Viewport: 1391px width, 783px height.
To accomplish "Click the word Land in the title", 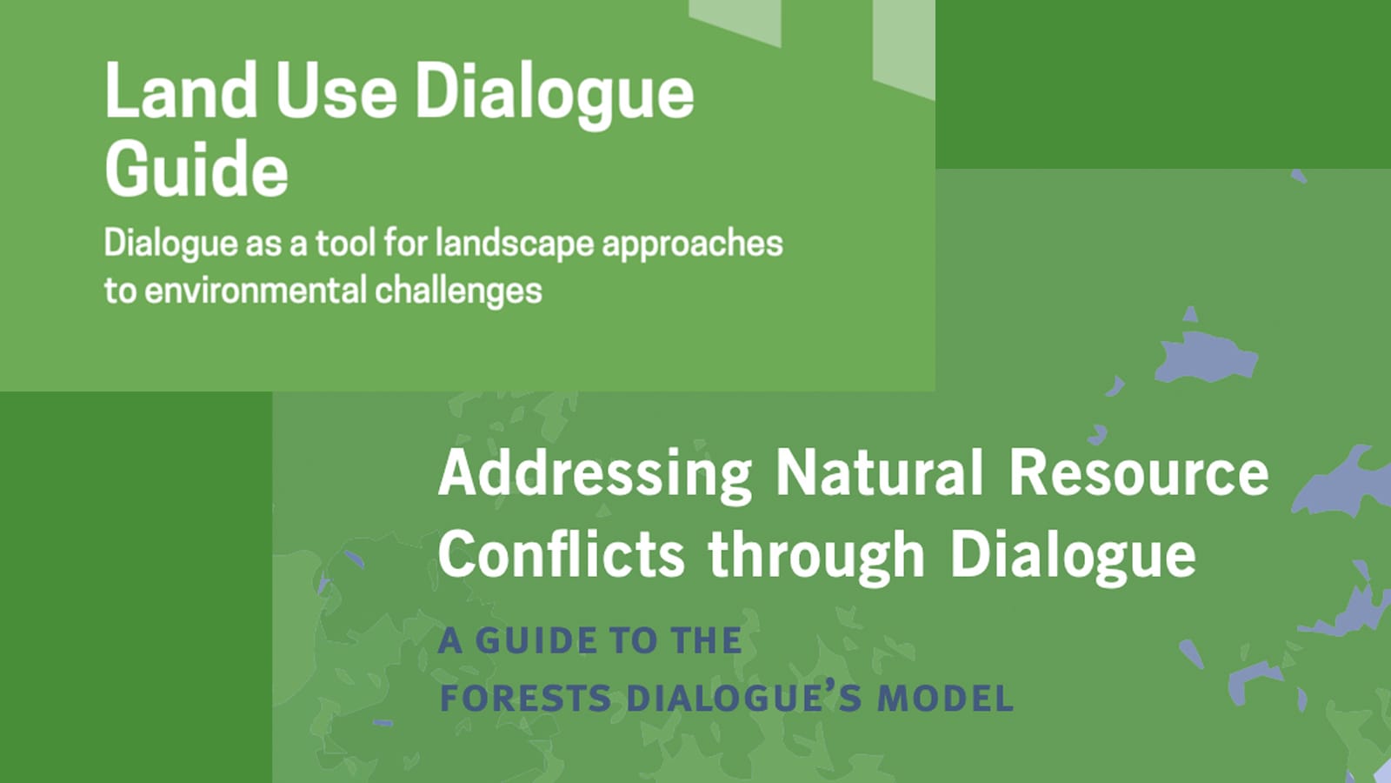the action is point(181,90).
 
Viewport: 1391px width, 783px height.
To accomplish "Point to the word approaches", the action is point(692,244).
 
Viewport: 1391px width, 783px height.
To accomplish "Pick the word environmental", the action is point(255,291).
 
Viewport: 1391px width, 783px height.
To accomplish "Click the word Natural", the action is point(880,472).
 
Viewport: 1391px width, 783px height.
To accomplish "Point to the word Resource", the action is point(1139,472).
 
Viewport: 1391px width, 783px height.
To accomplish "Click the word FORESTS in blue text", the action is point(525,698).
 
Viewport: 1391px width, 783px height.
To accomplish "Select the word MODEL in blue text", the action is point(945,698).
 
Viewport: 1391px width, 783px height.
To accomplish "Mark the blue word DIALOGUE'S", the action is point(742,698).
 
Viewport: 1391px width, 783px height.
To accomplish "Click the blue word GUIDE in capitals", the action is point(538,640).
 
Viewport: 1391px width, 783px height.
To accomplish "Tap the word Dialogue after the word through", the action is point(1073,555).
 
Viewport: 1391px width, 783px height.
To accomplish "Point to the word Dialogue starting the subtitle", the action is point(170,244).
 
